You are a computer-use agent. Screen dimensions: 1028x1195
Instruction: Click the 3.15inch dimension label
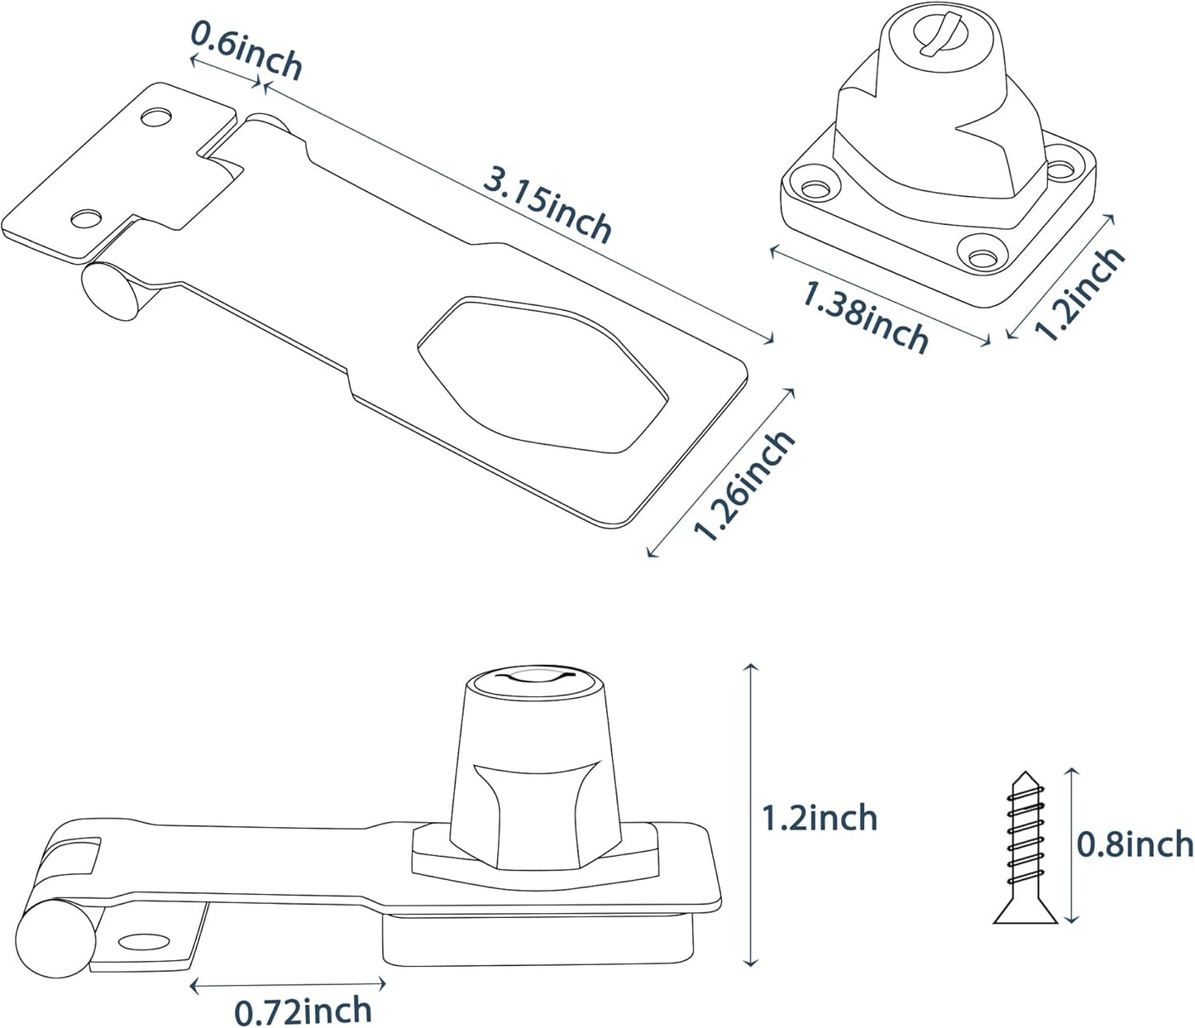coord(547,203)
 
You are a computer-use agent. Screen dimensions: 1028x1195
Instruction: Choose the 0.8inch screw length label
coord(1135,844)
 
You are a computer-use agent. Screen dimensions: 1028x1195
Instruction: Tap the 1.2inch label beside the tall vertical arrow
coord(819,818)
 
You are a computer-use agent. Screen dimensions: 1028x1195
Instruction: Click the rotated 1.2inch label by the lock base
coord(1080,293)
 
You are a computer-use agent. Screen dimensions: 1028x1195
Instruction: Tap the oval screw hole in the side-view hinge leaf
coord(142,941)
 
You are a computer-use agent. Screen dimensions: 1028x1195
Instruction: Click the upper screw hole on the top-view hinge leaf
coord(154,117)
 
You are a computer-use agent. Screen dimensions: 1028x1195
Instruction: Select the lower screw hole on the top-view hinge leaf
coord(85,218)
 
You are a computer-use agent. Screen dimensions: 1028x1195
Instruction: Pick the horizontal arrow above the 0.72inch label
coord(288,985)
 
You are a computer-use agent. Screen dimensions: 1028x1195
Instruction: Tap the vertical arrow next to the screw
coord(1072,844)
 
